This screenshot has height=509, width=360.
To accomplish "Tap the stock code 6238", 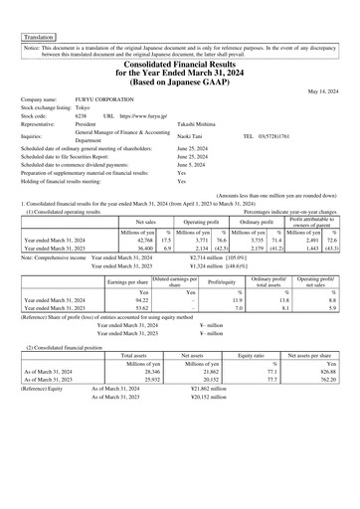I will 83,116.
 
